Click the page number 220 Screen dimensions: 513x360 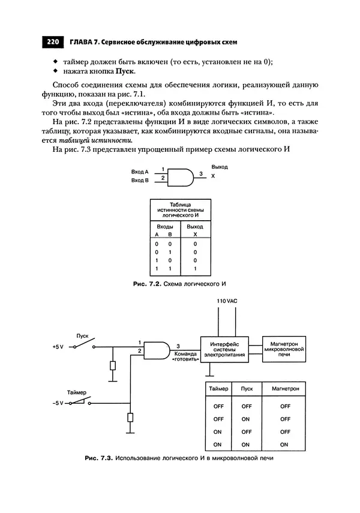pos(52,42)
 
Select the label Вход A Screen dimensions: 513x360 pos(140,172)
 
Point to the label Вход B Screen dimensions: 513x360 pos(140,179)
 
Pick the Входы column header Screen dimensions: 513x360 pos(165,227)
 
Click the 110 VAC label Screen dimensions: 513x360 pos(226,299)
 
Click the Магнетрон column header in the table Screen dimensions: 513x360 pos(285,389)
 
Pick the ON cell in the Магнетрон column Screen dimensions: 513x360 pos(285,445)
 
